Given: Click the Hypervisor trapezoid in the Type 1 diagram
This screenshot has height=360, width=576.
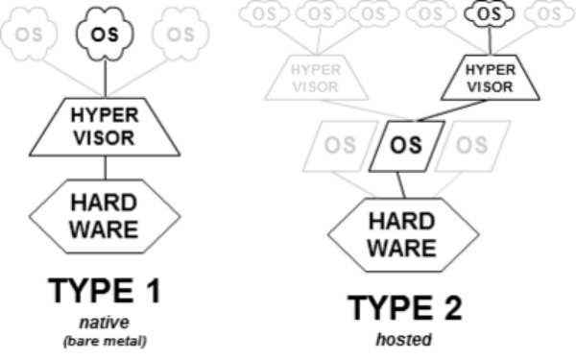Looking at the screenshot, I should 106,126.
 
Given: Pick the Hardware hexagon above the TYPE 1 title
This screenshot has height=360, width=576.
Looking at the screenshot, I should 105,216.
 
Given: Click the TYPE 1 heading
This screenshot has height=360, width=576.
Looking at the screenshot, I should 105,292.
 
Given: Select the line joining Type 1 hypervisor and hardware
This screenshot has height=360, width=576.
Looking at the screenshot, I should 106,168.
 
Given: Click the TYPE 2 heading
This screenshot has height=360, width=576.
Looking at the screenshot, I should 403,307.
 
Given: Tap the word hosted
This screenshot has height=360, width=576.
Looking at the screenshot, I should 404,339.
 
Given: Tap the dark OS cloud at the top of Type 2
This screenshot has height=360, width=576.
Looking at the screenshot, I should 489,15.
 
